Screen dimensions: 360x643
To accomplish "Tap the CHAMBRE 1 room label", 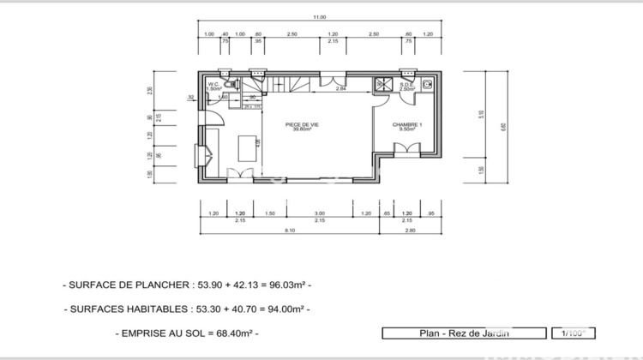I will pyautogui.click(x=406, y=127).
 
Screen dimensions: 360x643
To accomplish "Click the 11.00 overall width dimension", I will pyautogui.click(x=320, y=16).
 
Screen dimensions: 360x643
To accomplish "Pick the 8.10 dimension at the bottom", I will pyautogui.click(x=289, y=230).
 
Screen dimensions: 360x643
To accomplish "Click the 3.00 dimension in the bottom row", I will pyautogui.click(x=320, y=213).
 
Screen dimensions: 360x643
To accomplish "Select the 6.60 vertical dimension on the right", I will pyautogui.click(x=503, y=126).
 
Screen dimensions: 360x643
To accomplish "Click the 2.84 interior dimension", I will pyautogui.click(x=340, y=88).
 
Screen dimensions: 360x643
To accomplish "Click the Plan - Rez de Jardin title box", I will pyautogui.click(x=463, y=333).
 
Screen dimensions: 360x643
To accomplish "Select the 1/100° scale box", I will pyautogui.click(x=574, y=333).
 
